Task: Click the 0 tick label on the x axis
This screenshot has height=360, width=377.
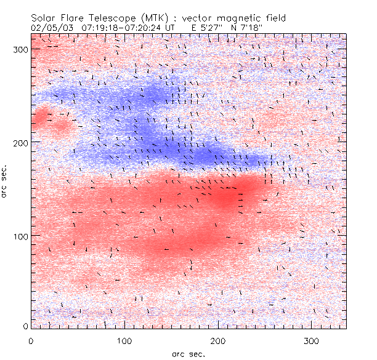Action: (x=31, y=340)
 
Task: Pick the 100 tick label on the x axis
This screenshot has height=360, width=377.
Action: (x=124, y=340)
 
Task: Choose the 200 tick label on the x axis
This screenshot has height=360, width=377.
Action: (x=218, y=340)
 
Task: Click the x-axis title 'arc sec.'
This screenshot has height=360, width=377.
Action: (x=188, y=353)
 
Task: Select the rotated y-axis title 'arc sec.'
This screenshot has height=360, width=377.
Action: (x=6, y=180)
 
